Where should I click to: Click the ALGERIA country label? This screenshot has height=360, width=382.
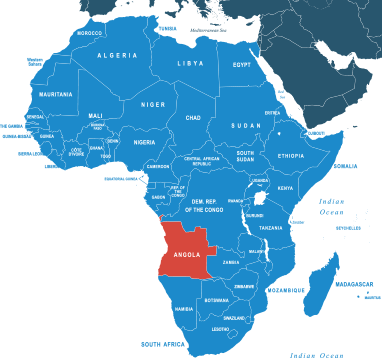117,56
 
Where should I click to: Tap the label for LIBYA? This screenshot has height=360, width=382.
189,63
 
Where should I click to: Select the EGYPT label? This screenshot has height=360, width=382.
242,64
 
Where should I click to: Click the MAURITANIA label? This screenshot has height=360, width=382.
55,95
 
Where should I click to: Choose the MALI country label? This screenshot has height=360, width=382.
96,115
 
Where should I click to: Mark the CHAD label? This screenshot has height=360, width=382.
193,118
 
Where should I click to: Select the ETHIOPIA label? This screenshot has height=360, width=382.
291,156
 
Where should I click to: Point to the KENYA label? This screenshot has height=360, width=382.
285,188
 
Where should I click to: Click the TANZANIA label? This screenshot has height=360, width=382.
271,228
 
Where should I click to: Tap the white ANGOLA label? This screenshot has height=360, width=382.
187,254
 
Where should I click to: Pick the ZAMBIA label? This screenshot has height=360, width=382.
231,263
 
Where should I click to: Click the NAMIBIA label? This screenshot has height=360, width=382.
184,309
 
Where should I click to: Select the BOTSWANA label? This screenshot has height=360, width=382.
216,300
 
